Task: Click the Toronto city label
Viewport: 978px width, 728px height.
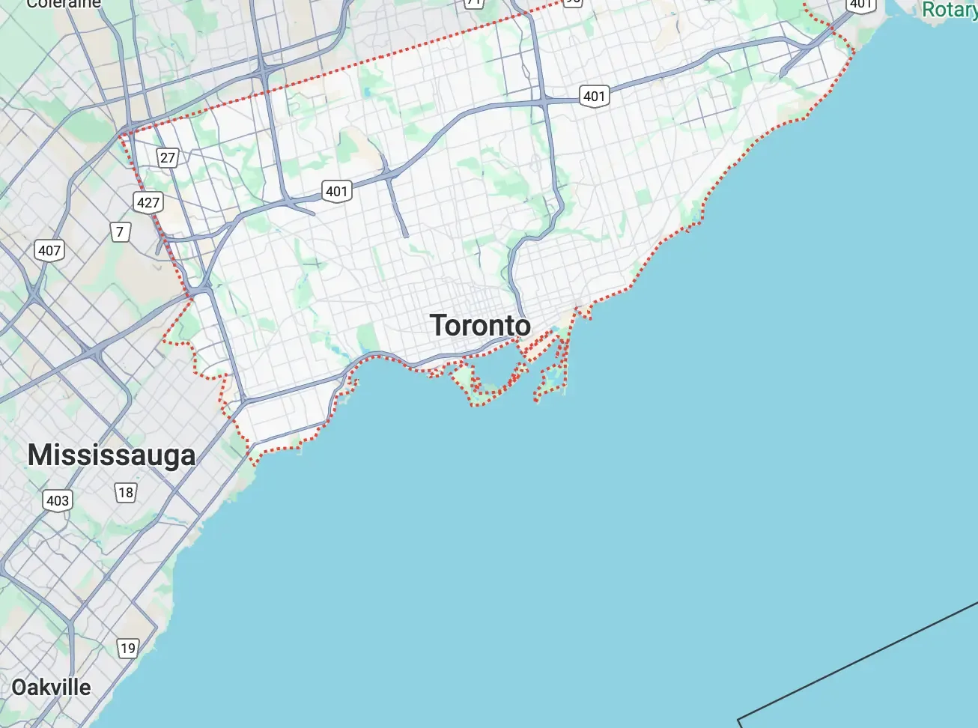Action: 480,326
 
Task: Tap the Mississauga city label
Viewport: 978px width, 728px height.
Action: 112,455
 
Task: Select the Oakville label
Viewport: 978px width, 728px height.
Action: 51,688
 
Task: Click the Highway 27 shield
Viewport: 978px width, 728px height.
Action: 168,157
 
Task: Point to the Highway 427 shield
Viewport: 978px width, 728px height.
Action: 148,202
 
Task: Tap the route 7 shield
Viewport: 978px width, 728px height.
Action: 120,231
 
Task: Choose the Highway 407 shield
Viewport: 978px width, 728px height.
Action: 49,250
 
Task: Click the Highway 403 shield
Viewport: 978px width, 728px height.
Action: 58,500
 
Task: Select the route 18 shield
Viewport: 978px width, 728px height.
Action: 126,492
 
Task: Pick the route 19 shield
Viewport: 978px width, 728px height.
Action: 128,648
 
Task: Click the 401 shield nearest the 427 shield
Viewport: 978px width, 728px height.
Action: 337,191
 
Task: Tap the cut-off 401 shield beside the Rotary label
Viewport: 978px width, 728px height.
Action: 860,4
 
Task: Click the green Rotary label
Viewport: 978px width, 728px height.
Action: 949,9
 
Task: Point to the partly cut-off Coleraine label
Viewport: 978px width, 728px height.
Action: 63,4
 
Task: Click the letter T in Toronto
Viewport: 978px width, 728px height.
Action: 438,326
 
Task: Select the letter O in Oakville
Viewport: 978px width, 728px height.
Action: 19,688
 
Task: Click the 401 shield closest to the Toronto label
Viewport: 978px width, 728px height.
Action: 337,191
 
